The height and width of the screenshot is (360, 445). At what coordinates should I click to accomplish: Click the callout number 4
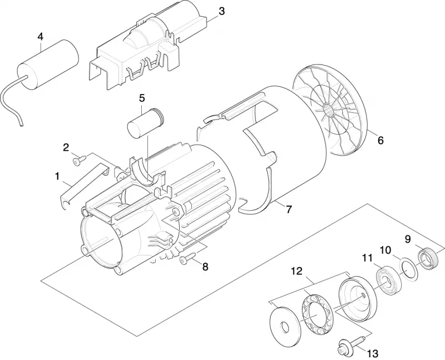pyautogui.click(x=40, y=37)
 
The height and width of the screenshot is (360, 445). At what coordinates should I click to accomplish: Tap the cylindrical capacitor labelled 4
pyautogui.click(x=48, y=65)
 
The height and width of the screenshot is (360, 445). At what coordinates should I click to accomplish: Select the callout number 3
pyautogui.click(x=221, y=11)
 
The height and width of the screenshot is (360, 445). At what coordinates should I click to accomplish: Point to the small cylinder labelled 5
pyautogui.click(x=146, y=123)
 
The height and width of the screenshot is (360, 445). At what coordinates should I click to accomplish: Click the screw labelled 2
pyautogui.click(x=79, y=161)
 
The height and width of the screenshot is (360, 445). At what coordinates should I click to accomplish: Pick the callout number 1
pyautogui.click(x=57, y=176)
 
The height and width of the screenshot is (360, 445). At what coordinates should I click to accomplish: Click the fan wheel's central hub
pyautogui.click(x=329, y=109)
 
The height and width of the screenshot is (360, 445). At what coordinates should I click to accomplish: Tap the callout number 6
pyautogui.click(x=380, y=140)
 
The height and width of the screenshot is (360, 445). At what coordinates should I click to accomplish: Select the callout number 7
pyautogui.click(x=289, y=210)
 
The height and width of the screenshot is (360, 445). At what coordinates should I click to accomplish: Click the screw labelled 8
pyautogui.click(x=188, y=259)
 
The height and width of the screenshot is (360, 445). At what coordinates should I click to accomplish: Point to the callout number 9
pyautogui.click(x=408, y=239)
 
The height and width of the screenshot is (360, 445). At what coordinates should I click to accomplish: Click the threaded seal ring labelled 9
pyautogui.click(x=427, y=258)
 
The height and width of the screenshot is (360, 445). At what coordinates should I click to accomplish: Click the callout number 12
pyautogui.click(x=297, y=271)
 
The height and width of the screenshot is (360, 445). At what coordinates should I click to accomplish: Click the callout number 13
pyautogui.click(x=373, y=353)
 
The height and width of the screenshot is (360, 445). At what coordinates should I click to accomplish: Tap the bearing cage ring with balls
pyautogui.click(x=316, y=314)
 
